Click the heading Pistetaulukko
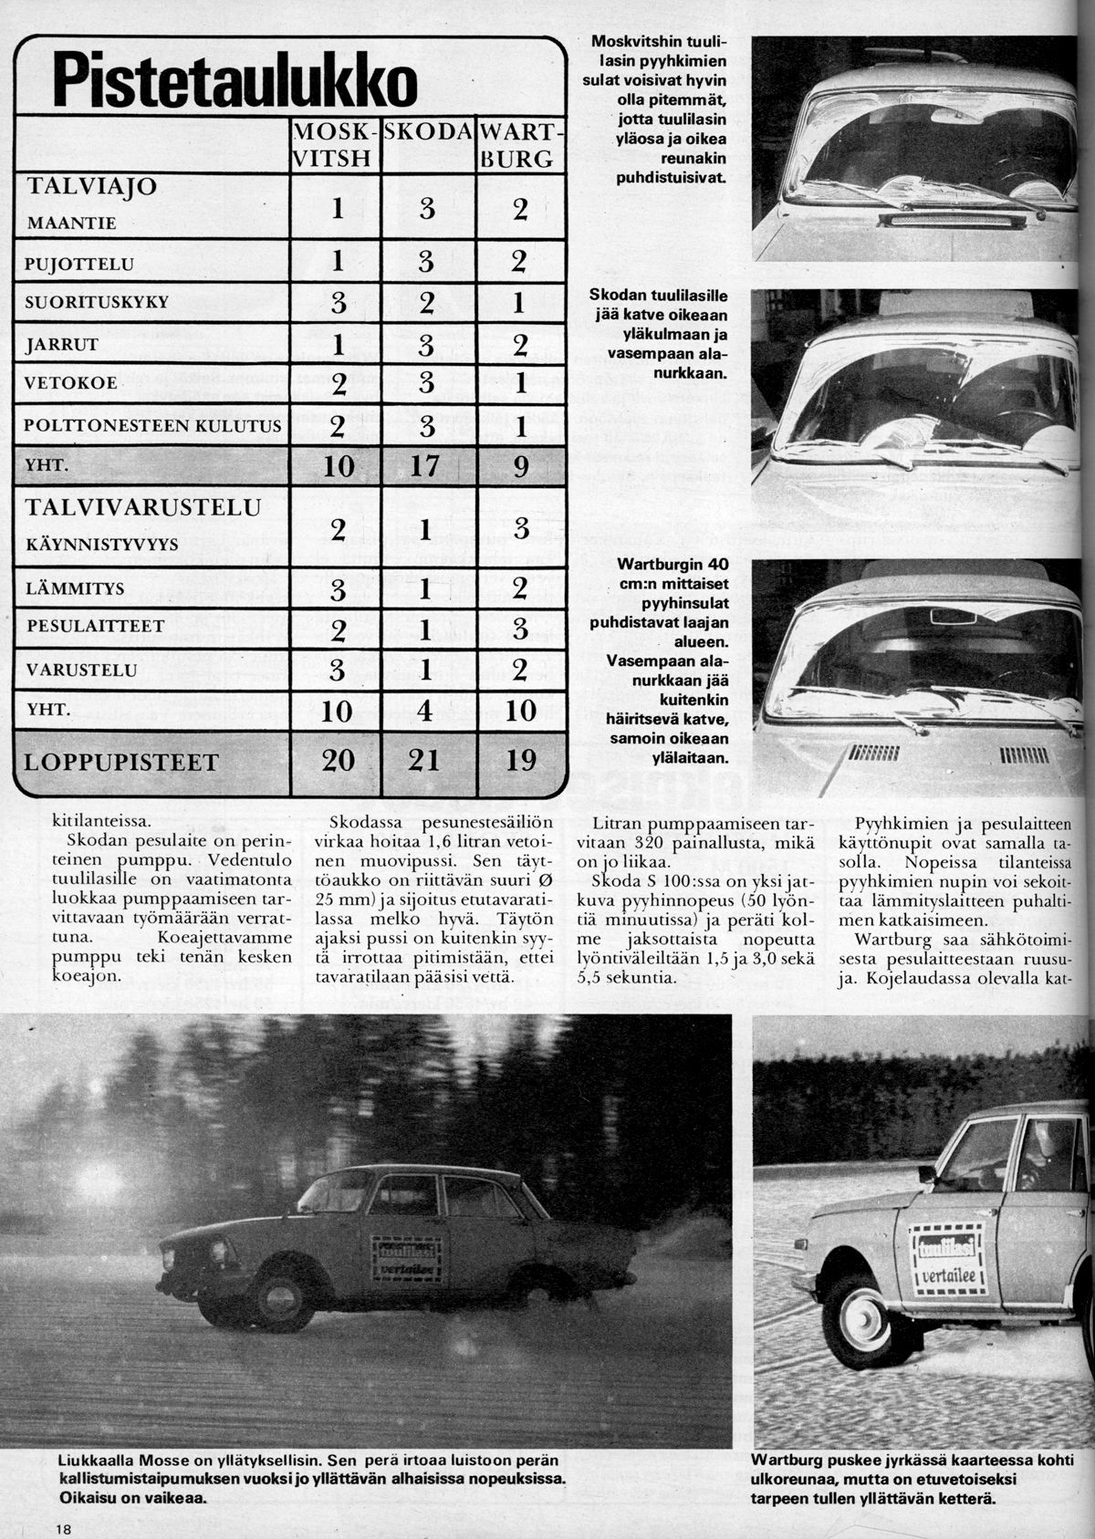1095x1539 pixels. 235,80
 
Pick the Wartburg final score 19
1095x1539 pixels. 520,759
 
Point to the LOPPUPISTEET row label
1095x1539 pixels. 120,762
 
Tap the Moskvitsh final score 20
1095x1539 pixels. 338,759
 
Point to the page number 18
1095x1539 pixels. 62,1526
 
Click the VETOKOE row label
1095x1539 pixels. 72,383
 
